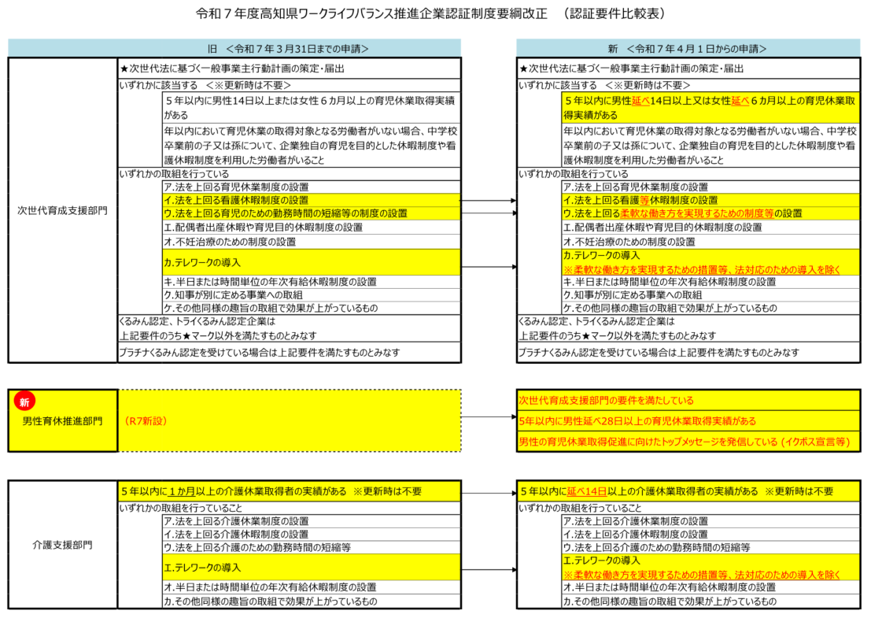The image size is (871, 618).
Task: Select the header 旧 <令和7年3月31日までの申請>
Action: tap(288, 48)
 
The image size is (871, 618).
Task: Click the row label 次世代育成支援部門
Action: tap(63, 210)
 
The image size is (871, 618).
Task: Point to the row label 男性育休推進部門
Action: tap(63, 421)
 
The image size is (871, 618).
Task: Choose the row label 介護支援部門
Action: tap(63, 544)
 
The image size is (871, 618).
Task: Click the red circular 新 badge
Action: tap(24, 402)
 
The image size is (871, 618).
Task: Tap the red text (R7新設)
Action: tap(148, 421)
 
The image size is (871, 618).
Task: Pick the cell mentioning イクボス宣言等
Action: tap(685, 442)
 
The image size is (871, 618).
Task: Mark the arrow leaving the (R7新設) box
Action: tap(488, 417)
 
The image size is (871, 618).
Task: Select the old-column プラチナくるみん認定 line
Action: tap(260, 353)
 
